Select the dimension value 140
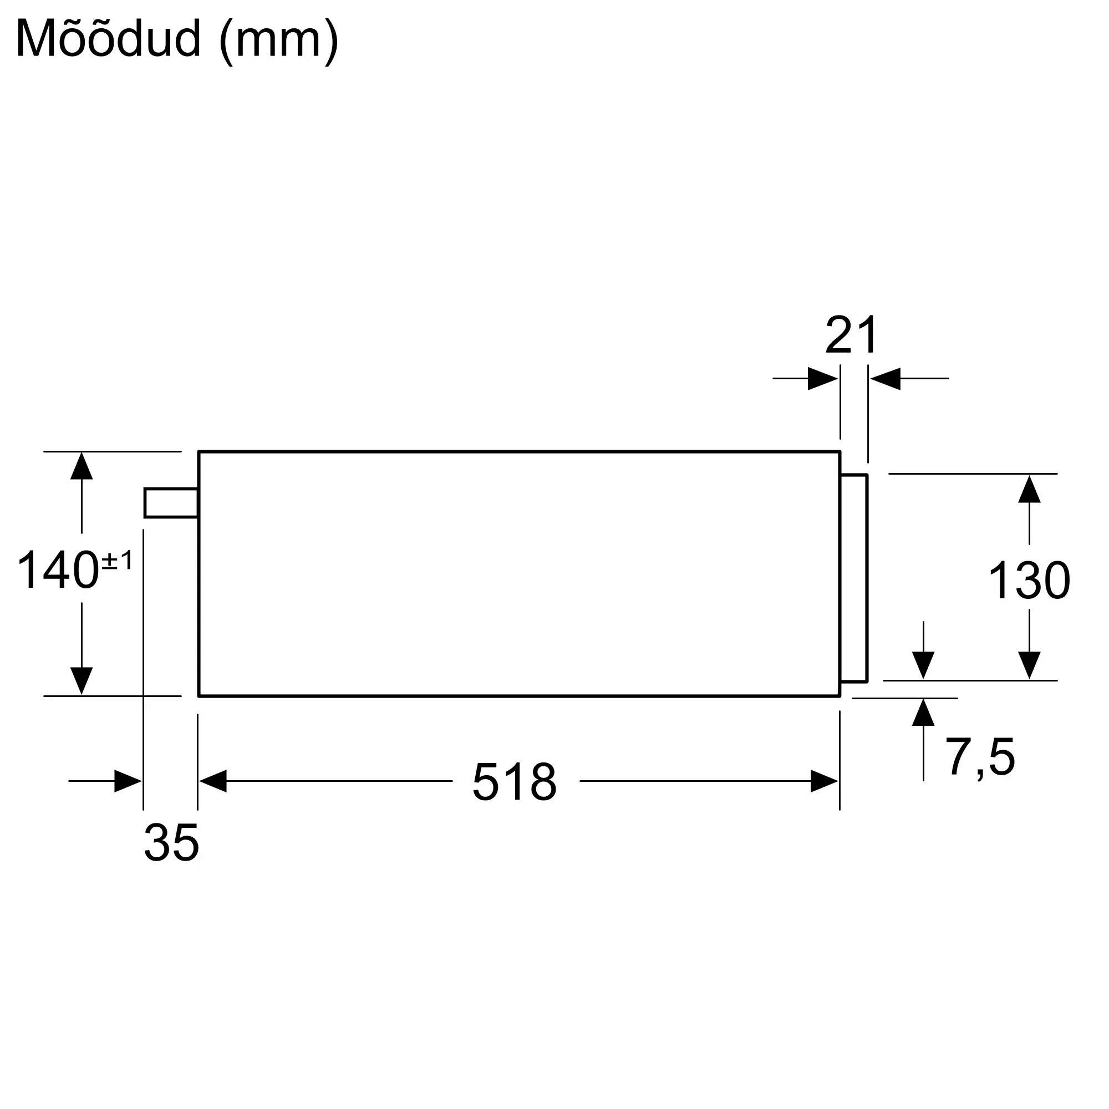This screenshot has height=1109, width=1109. [x=58, y=570]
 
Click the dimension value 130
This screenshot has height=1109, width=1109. [x=1029, y=581]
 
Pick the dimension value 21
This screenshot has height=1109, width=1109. [x=852, y=335]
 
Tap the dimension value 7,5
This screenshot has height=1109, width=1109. [x=980, y=757]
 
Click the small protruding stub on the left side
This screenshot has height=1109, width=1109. [x=171, y=503]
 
